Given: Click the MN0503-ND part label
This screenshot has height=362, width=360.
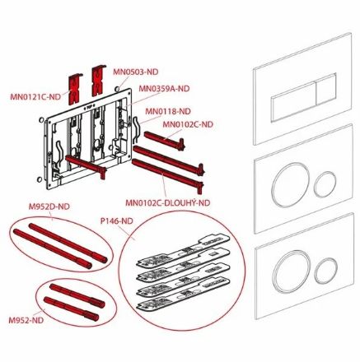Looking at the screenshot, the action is pyautogui.click(x=136, y=72).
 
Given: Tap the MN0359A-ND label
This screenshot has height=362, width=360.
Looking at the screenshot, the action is pyautogui.click(x=164, y=89).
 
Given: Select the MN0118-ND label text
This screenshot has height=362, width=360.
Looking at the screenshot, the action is pyautogui.click(x=168, y=111).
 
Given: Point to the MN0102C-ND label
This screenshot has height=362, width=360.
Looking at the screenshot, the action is pyautogui.click(x=188, y=124).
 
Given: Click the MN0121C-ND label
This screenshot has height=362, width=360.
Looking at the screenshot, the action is pyautogui.click(x=35, y=97).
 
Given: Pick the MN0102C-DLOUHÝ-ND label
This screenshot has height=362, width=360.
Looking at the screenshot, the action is pyautogui.click(x=168, y=202).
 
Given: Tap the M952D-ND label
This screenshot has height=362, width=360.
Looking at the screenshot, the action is pyautogui.click(x=49, y=207).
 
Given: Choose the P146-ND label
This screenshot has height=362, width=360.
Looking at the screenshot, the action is pyautogui.click(x=116, y=220).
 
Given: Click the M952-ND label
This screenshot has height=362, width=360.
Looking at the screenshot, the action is pyautogui.click(x=26, y=320).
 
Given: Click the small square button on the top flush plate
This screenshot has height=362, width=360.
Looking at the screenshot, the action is pyautogui.click(x=326, y=89).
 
